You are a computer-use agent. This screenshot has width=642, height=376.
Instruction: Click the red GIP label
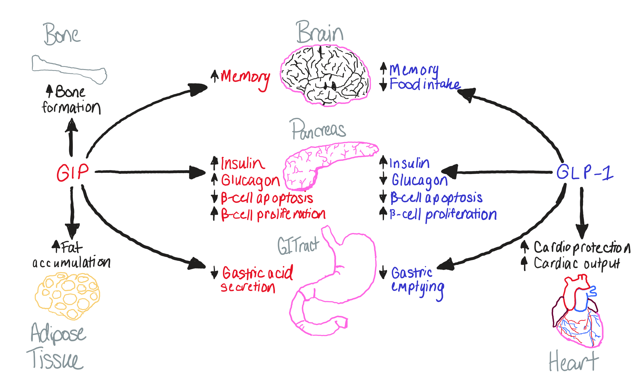[x=72, y=172]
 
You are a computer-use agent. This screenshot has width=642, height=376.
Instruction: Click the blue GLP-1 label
[x=584, y=172]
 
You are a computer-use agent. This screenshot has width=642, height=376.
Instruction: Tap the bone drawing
[x=69, y=69]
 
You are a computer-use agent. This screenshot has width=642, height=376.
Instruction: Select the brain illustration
[x=325, y=75]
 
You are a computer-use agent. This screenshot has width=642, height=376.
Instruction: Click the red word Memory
[x=245, y=77]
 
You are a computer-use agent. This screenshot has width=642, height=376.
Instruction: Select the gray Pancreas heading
[x=319, y=130]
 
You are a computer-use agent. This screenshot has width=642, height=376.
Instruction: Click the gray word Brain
[x=319, y=32]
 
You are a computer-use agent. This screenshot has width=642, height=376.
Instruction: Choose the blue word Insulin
[x=409, y=163]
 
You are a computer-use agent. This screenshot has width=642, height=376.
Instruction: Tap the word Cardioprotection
[x=581, y=247]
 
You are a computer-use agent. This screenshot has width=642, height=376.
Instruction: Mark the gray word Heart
[x=573, y=362]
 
